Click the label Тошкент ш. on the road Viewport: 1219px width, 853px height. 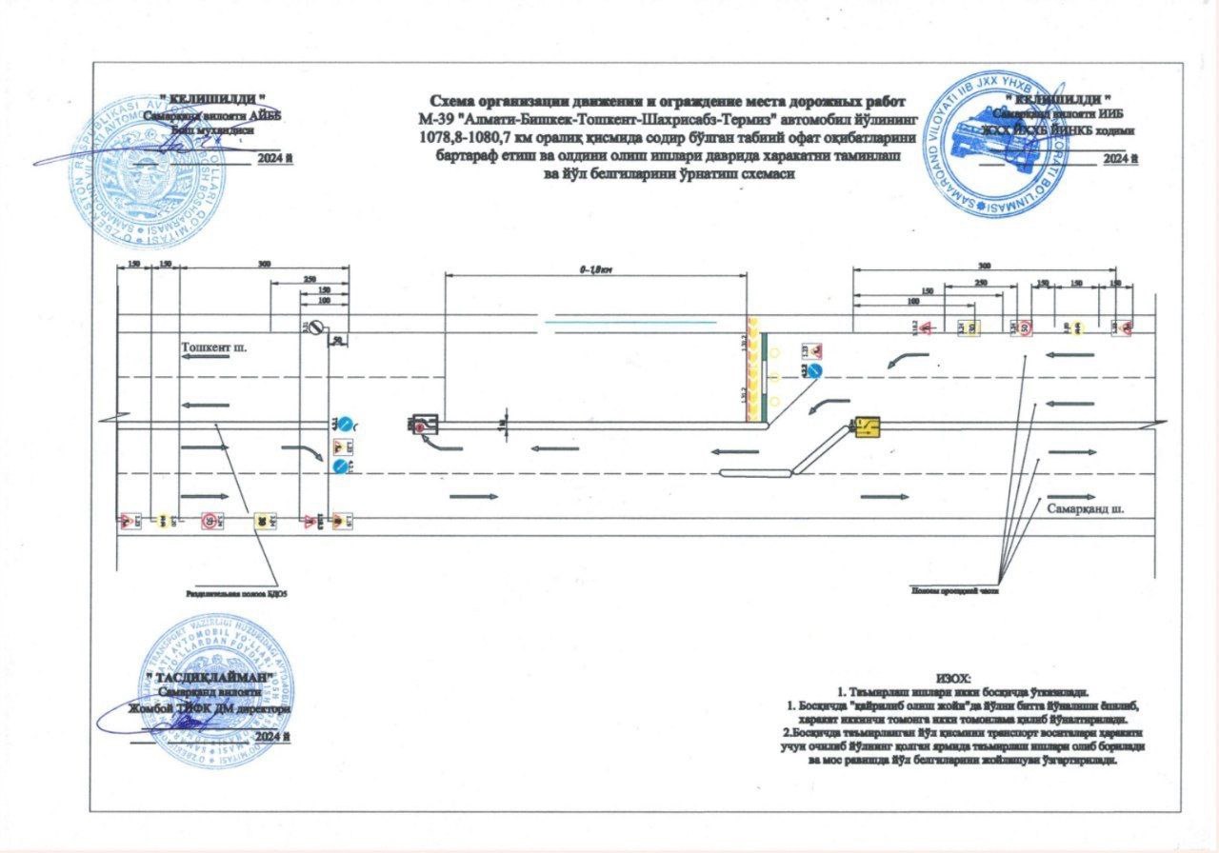tap(214, 347)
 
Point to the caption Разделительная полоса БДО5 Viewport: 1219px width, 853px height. tap(236, 592)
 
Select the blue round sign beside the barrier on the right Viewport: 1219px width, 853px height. tap(816, 370)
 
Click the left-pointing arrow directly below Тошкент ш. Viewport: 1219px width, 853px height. tap(202, 406)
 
